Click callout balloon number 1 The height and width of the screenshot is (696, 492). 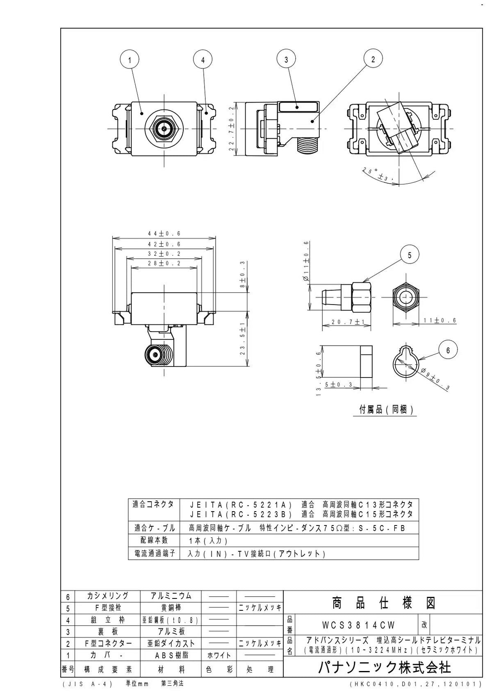coord(130,59)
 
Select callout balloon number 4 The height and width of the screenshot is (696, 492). coord(203,59)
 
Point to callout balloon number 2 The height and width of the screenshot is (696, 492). coord(373,59)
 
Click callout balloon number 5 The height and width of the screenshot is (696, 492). coord(409,255)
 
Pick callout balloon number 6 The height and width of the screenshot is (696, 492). coord(448,350)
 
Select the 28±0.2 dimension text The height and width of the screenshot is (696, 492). coord(164,263)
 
